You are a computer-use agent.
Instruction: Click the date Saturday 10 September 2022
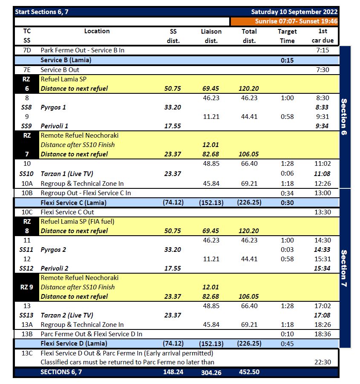tap(294, 12)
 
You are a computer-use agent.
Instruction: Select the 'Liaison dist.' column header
tap(211, 36)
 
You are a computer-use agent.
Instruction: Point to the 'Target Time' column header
tap(287, 36)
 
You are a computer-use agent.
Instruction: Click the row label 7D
tap(26, 50)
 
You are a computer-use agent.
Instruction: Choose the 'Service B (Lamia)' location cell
tap(66, 60)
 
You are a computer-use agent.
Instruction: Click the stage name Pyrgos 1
tap(53, 107)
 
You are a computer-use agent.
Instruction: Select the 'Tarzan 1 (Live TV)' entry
tap(67, 174)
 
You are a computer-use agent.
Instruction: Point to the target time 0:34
tap(287, 193)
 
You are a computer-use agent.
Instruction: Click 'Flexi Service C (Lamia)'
tap(73, 202)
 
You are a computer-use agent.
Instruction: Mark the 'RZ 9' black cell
tap(26, 287)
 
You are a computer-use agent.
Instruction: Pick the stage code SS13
tap(26, 315)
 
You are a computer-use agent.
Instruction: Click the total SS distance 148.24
tap(173, 372)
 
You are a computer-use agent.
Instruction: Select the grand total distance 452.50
tap(249, 372)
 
